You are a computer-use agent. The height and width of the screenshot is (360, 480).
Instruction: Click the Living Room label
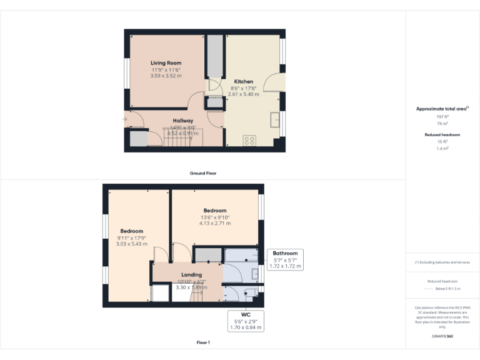[166, 63]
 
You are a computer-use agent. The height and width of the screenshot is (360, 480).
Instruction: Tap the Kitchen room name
[244, 82]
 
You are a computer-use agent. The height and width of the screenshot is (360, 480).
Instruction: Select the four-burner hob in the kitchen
[250, 141]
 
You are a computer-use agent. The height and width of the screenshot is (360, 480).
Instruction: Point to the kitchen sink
[274, 119]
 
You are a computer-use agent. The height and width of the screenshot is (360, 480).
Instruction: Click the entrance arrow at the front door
[125, 119]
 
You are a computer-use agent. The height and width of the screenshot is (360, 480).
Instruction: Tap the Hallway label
[183, 121]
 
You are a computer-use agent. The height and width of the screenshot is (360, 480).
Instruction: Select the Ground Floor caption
[203, 173]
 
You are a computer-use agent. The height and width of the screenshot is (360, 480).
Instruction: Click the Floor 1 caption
[203, 342]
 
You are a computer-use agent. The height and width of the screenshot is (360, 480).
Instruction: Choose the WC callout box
[245, 320]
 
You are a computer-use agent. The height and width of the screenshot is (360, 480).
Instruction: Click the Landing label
[191, 275]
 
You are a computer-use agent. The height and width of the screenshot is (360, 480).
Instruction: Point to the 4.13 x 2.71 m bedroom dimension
[215, 223]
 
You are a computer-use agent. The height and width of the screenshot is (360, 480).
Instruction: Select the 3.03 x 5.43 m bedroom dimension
[132, 244]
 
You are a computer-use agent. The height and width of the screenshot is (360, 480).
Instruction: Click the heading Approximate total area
[441, 109]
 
